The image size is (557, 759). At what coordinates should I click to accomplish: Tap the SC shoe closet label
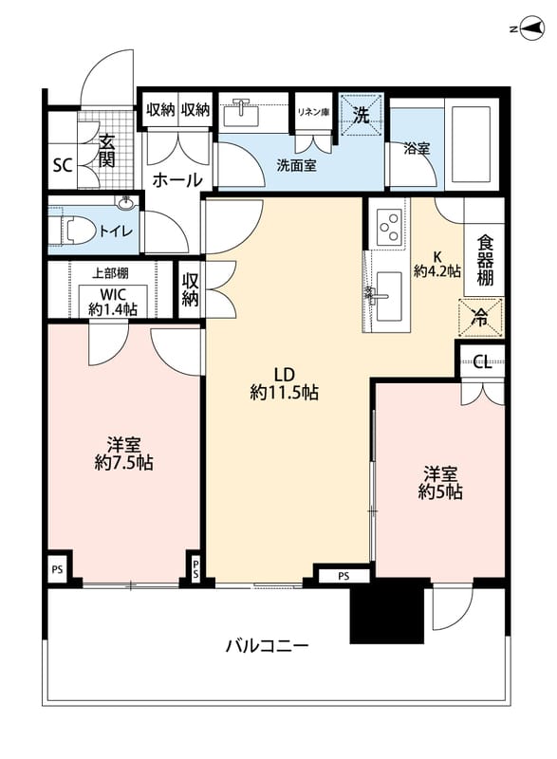(63, 165)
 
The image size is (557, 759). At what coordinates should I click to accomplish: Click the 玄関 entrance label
(106, 151)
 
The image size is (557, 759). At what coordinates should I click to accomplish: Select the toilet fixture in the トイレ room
(72, 229)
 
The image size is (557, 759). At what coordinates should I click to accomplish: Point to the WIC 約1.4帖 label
(113, 302)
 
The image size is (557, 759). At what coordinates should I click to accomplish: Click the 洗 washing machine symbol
(361, 115)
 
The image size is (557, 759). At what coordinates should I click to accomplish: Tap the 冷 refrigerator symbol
(480, 318)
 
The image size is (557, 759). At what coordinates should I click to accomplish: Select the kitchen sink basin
(389, 296)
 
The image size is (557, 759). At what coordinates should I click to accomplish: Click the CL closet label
(482, 361)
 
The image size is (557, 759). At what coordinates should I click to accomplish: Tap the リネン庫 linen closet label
(313, 112)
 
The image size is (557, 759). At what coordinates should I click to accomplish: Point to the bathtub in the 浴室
(471, 144)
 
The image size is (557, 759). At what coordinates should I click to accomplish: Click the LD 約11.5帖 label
(284, 383)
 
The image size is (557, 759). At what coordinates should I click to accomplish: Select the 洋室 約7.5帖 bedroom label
(124, 454)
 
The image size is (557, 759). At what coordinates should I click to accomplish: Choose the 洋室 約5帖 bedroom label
(440, 483)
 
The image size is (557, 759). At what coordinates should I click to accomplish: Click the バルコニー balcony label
(268, 645)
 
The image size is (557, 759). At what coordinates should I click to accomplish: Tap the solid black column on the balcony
(387, 611)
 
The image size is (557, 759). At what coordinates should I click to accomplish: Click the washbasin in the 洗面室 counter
(240, 113)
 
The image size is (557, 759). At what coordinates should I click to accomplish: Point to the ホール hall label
(177, 180)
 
